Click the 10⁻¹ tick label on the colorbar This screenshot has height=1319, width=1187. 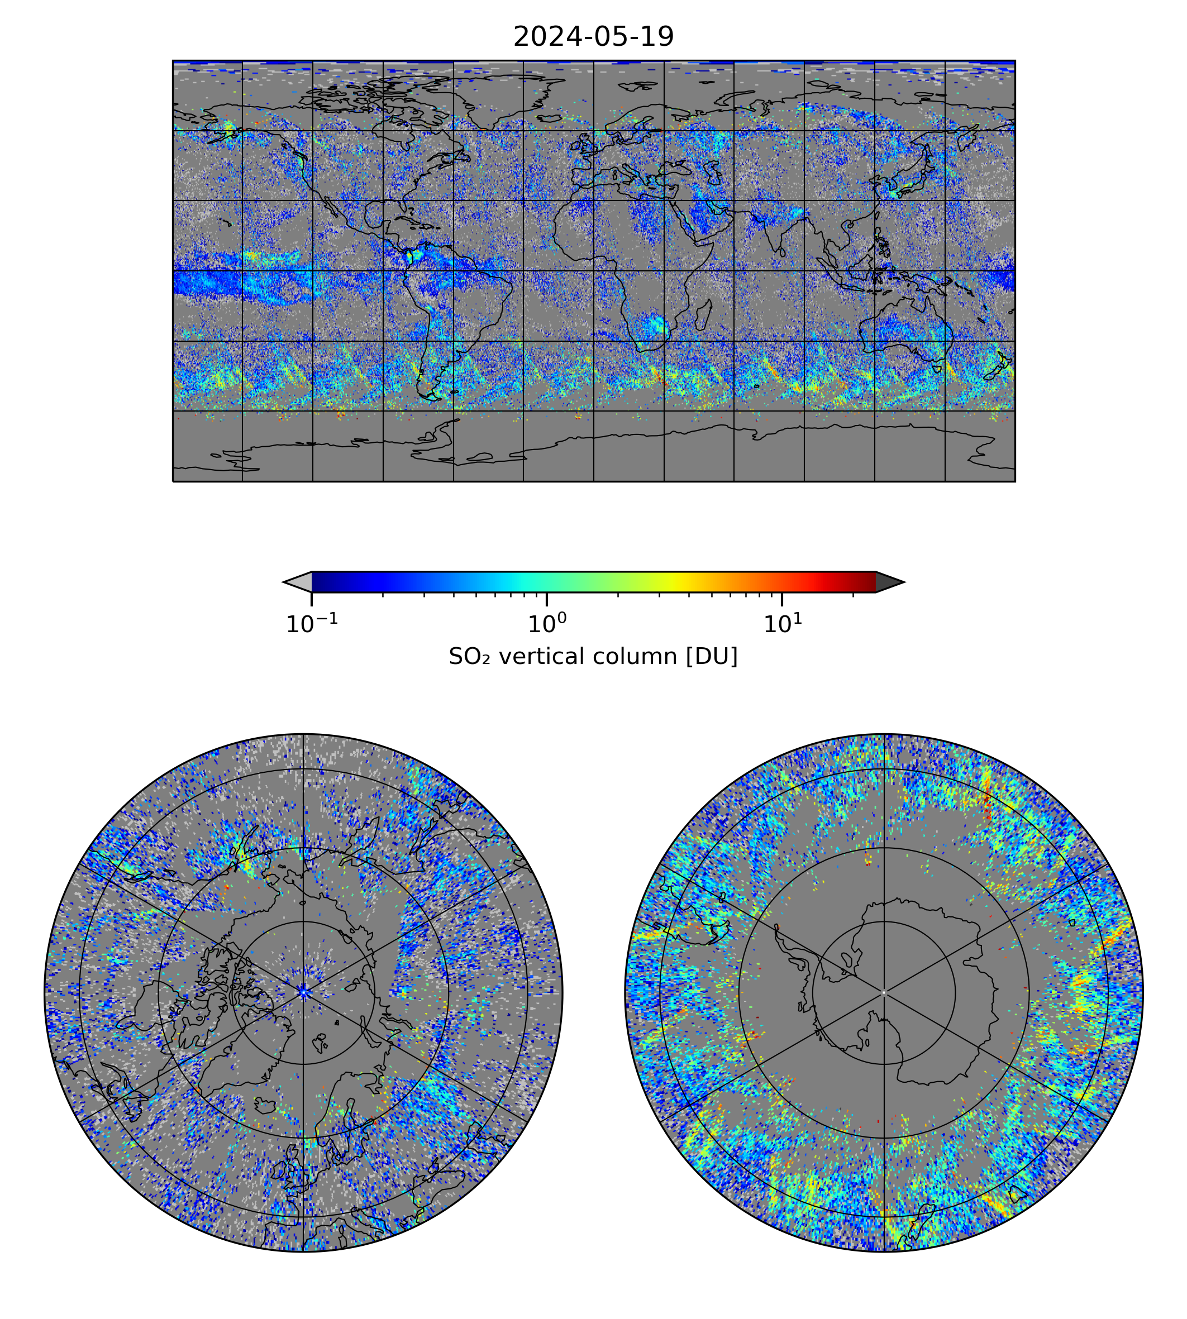point(312,624)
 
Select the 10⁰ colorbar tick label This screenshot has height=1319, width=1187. point(546,624)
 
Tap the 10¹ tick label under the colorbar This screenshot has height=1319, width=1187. point(783,624)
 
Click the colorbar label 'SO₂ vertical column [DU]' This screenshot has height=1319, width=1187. point(593,657)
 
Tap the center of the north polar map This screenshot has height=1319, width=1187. point(303,993)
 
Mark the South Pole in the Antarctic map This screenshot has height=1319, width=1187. point(884,993)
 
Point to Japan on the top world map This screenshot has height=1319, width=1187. point(913,176)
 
